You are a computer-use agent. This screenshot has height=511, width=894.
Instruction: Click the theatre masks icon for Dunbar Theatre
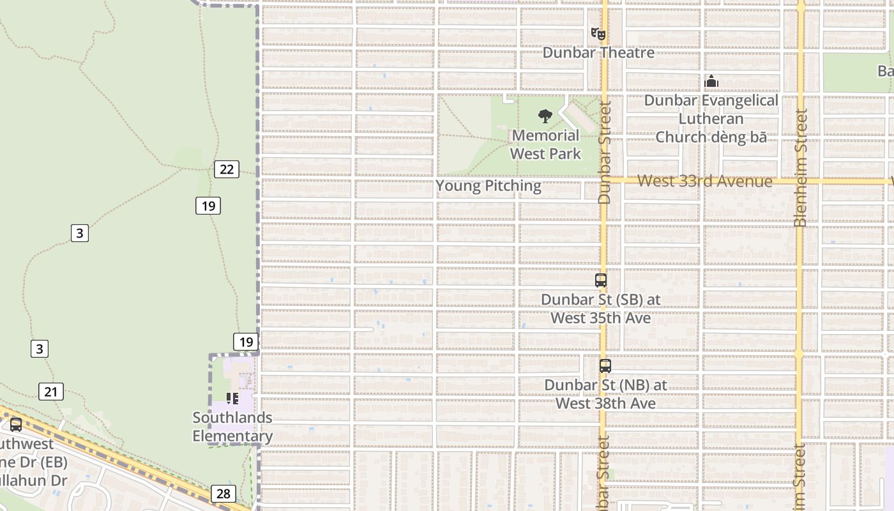pyautogui.click(x=598, y=33)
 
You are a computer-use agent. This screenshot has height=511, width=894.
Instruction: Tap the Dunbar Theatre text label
pyautogui.click(x=598, y=52)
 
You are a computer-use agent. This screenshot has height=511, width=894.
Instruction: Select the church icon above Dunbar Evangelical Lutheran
pyautogui.click(x=711, y=81)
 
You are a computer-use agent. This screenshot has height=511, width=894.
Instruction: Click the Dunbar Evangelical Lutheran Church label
pyautogui.click(x=711, y=119)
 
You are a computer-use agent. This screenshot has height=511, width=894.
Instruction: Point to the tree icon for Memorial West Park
pyautogui.click(x=545, y=116)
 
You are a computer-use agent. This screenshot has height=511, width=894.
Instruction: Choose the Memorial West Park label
pyautogui.click(x=545, y=144)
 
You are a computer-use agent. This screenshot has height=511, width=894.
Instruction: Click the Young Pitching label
pyautogui.click(x=489, y=186)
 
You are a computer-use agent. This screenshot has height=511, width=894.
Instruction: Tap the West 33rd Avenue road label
pyautogui.click(x=704, y=181)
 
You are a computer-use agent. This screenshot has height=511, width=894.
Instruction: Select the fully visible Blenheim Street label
pyautogui.click(x=800, y=167)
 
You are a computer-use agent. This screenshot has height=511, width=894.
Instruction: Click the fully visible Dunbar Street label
pyautogui.click(x=605, y=152)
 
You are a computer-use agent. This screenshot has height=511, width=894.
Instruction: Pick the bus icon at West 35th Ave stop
pyautogui.click(x=600, y=280)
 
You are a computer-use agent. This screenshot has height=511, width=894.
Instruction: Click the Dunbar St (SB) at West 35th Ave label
pyautogui.click(x=600, y=309)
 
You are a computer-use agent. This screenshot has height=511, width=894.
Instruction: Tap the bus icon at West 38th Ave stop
pyautogui.click(x=605, y=366)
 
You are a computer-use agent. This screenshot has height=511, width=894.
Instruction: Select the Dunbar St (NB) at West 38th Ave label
pyautogui.click(x=605, y=394)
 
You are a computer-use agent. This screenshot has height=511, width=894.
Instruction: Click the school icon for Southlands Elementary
pyautogui.click(x=232, y=399)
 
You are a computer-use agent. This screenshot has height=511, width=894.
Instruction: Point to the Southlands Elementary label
pyautogui.click(x=232, y=427)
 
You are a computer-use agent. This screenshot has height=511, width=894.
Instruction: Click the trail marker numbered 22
pyautogui.click(x=227, y=169)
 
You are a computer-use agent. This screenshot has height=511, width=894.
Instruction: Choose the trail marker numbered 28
pyautogui.click(x=223, y=494)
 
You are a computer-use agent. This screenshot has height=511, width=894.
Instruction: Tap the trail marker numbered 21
pyautogui.click(x=51, y=392)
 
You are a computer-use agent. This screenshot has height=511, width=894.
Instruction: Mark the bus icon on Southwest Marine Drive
pyautogui.click(x=16, y=424)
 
